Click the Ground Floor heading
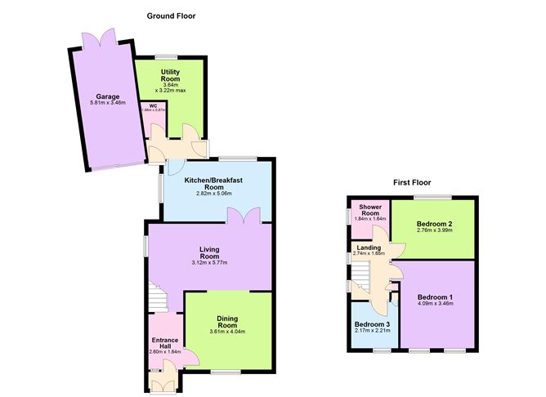click(x=171, y=16)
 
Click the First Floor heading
click(x=410, y=182)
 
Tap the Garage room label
click(x=107, y=96)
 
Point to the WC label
click(x=152, y=105)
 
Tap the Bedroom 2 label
click(x=434, y=223)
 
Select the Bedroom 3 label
click(x=372, y=324)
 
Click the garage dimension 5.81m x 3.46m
click(x=107, y=104)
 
